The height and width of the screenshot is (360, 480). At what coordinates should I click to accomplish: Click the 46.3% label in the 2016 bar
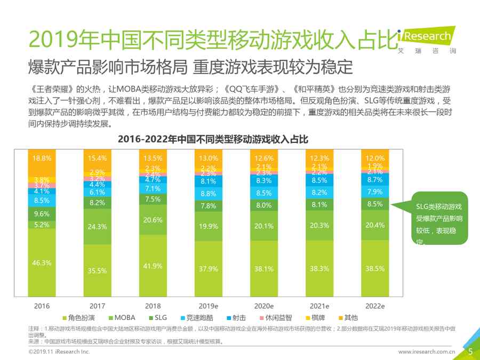tap(42, 263)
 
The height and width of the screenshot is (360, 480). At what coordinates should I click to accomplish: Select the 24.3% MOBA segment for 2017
tap(97, 227)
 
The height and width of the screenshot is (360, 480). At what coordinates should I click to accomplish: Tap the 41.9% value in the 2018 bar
tap(153, 267)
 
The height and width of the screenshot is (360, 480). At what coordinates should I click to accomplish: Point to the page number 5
tap(470, 351)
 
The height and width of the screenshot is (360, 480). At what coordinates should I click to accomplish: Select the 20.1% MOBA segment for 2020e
tap(263, 225)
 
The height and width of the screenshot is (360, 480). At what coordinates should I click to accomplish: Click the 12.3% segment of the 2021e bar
tap(319, 158)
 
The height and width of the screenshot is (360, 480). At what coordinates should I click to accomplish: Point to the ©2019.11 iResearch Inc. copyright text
tap(59, 352)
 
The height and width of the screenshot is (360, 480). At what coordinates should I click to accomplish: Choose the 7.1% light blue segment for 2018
tap(153, 189)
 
